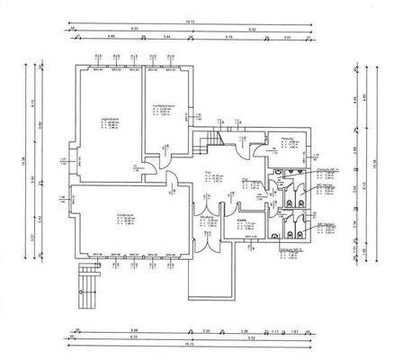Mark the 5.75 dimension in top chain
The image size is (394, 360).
(x=230, y=38)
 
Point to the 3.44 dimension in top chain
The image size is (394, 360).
(x=167, y=38)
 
